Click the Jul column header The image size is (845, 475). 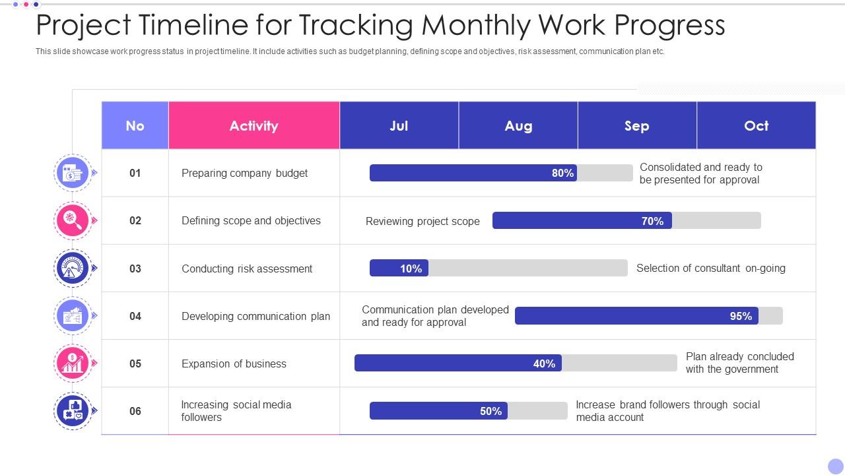(x=399, y=125)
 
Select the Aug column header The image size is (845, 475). (x=518, y=125)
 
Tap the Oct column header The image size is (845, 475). (x=756, y=125)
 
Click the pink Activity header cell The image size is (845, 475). (x=253, y=125)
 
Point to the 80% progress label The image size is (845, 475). (x=562, y=173)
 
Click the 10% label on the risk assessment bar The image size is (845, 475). (x=411, y=269)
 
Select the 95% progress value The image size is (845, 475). (x=741, y=316)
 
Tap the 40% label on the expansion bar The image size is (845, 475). (x=544, y=364)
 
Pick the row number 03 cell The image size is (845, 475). (x=135, y=269)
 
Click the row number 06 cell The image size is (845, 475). (x=135, y=411)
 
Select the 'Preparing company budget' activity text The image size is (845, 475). (x=244, y=173)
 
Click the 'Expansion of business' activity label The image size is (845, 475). (x=234, y=364)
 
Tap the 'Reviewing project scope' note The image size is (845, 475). (x=422, y=221)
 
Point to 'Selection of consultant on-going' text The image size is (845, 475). (x=710, y=268)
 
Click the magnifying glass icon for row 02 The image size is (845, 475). (x=72, y=220)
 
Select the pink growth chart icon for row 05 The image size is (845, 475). (x=72, y=363)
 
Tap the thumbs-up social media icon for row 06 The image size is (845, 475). (x=72, y=410)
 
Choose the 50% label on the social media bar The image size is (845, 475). (x=490, y=411)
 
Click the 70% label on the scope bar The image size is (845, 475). (x=652, y=221)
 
